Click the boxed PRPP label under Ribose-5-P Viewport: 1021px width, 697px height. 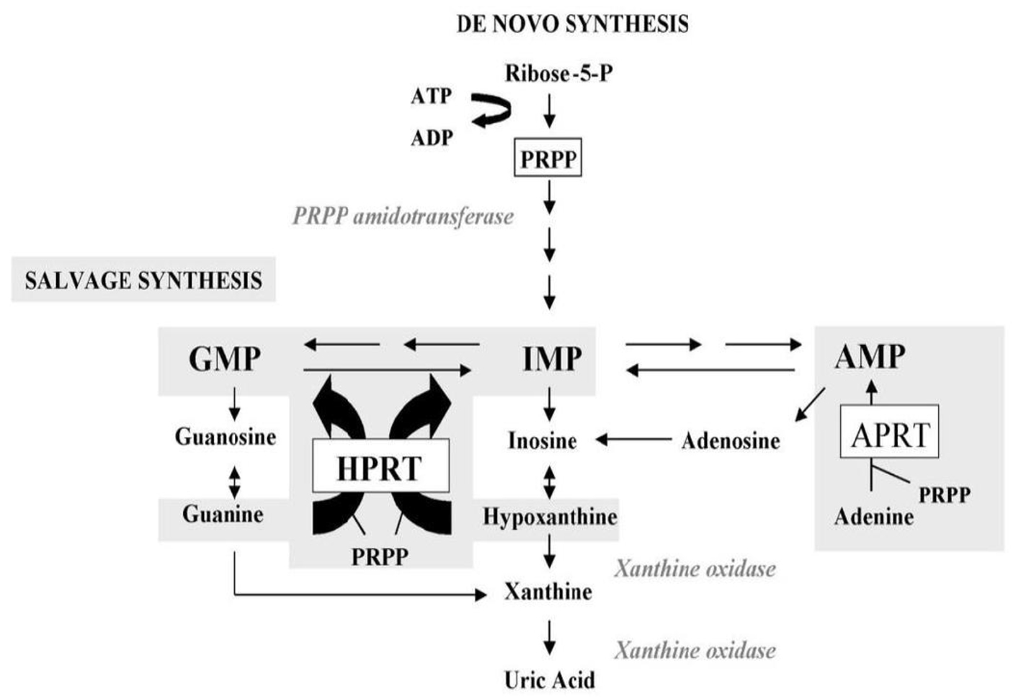[548, 159]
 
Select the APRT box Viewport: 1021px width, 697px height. [890, 435]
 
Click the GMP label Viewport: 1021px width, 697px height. [225, 358]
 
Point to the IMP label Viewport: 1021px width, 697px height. [552, 358]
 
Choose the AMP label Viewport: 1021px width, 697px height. [870, 356]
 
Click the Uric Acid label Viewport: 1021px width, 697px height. [549, 680]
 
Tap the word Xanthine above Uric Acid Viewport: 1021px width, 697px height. [548, 592]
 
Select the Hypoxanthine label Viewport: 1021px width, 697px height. [550, 517]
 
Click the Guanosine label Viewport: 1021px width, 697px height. [226, 436]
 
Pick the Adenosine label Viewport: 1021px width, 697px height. [731, 440]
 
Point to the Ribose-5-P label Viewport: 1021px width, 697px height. [558, 73]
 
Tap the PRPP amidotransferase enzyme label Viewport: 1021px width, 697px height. [403, 216]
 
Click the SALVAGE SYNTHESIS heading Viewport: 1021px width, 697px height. [143, 280]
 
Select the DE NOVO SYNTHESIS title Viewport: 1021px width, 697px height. [573, 24]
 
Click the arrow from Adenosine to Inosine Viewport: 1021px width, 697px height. [633, 439]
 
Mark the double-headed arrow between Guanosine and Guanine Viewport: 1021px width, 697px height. [234, 482]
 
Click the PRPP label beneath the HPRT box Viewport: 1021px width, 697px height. [380, 556]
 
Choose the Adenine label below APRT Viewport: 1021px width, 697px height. [873, 517]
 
